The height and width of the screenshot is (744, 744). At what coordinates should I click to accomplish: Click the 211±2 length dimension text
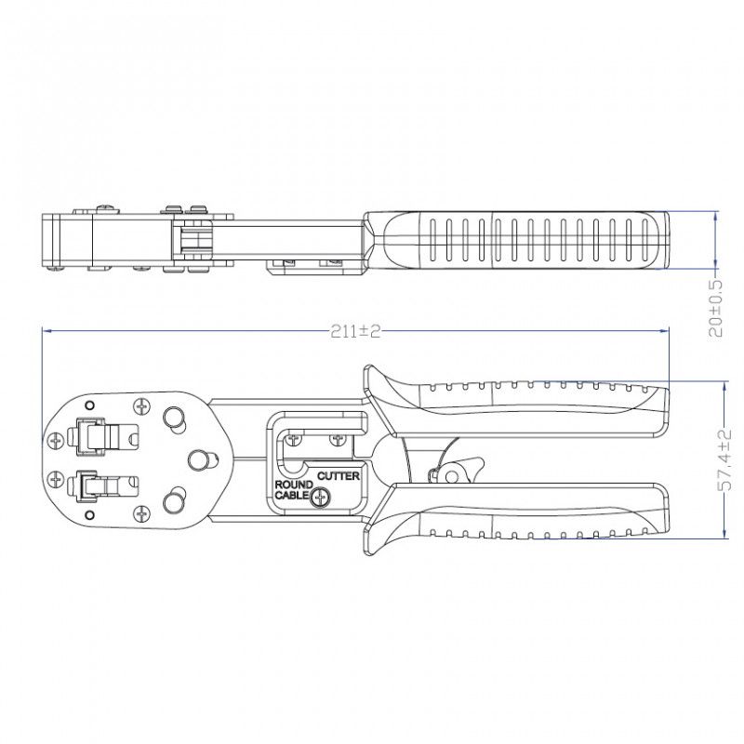coord(355,331)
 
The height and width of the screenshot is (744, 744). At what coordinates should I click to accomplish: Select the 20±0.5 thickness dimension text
coord(715,309)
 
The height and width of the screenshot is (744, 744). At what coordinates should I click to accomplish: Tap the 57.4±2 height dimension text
coord(725,459)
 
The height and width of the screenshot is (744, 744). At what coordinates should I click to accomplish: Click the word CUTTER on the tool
coord(339,476)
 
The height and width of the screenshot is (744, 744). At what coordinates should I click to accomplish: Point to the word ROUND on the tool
coord(294,485)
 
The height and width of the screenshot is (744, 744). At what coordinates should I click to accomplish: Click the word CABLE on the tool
coord(292,496)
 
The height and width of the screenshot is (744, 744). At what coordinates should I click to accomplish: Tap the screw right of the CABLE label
coord(321,498)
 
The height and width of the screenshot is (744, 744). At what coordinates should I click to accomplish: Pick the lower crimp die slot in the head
coord(103,485)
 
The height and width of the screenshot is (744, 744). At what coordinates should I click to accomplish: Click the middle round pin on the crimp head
coord(202,459)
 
